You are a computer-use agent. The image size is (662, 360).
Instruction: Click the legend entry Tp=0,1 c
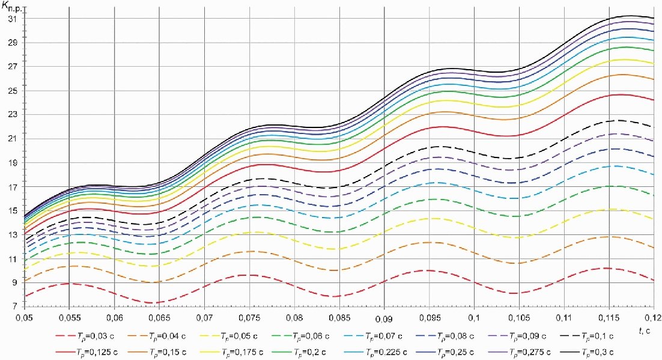[595, 335]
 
